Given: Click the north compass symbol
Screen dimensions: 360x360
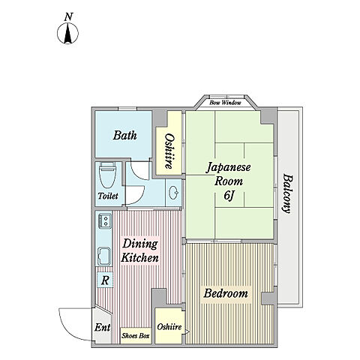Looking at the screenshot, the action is point(67,33).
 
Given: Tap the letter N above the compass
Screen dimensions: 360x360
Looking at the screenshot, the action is point(68,17).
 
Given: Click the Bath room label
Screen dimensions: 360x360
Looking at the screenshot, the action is point(125,135).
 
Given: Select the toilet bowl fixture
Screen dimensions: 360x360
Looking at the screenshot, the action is point(107,175).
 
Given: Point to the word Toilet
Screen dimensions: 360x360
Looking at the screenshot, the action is point(108,196).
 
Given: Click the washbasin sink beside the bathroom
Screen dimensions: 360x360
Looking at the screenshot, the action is point(174,193).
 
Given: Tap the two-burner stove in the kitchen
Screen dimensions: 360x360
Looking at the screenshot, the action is point(105,220).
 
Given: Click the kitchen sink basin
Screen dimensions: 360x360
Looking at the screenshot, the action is point(104,256).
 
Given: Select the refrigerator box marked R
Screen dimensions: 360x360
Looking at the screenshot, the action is point(105,280).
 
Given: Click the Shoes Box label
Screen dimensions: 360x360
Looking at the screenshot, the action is point(136,335).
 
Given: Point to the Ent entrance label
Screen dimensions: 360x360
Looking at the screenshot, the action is point(103,327).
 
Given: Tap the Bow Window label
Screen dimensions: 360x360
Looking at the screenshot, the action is point(225,103).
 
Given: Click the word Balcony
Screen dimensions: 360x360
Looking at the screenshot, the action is point(288,193).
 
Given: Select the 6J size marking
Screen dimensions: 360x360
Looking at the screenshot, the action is point(229,196).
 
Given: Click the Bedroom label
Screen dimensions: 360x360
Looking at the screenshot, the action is point(226,293).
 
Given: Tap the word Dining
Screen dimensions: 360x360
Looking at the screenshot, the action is point(140,244).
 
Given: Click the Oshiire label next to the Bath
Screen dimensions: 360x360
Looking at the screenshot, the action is point(169,151).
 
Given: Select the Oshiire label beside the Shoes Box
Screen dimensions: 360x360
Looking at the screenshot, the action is point(169,326).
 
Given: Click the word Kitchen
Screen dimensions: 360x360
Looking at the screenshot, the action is point(140,257).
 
